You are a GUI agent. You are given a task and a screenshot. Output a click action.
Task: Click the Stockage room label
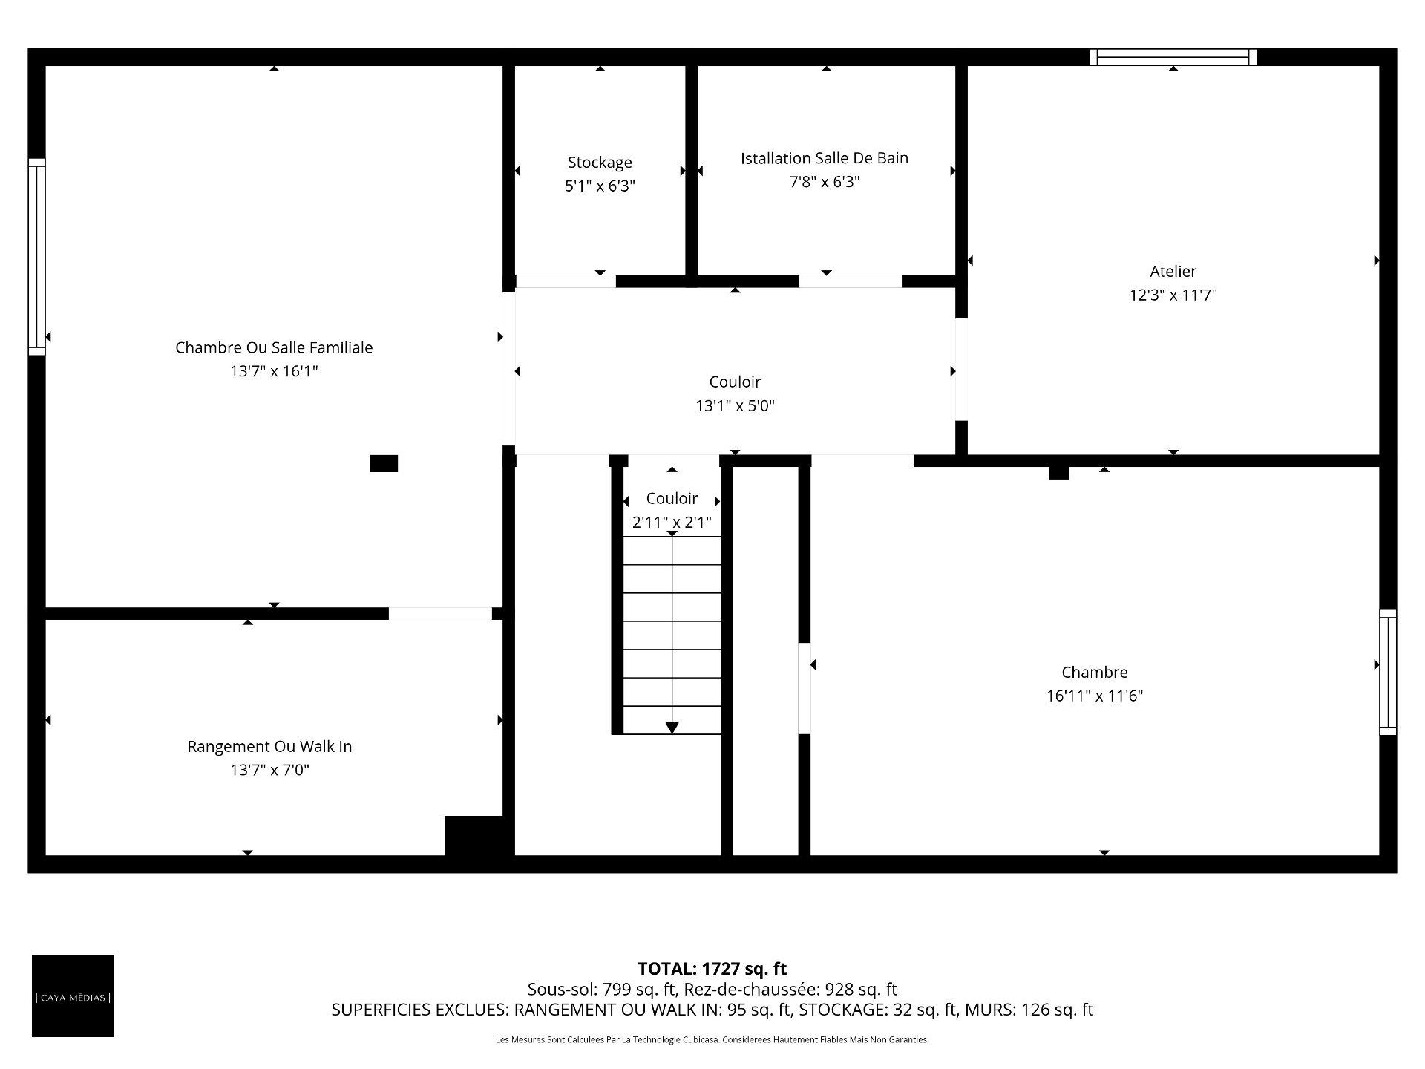[600, 163]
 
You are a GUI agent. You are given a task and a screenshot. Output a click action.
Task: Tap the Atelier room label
[1173, 272]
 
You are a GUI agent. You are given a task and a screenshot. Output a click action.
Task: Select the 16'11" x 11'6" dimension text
[1095, 696]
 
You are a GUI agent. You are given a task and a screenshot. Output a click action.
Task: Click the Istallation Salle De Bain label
[825, 158]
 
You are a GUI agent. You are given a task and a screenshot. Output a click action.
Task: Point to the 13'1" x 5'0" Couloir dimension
[735, 406]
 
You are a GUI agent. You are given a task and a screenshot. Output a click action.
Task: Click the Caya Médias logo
[73, 996]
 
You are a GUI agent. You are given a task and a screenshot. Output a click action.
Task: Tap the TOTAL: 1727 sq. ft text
[712, 969]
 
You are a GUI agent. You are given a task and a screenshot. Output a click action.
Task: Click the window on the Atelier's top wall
[1173, 57]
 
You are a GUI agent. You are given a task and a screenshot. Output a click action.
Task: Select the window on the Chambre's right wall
[1388, 673]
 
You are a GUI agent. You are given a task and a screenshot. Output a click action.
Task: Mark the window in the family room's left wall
[36, 257]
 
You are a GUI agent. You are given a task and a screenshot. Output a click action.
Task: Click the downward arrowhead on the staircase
[672, 728]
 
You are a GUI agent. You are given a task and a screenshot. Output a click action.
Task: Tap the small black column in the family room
[384, 463]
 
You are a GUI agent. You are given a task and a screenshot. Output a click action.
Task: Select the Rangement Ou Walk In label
[269, 747]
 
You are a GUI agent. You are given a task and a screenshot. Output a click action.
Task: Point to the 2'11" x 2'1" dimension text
[672, 523]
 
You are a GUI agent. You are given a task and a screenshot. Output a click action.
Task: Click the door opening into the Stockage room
[566, 281]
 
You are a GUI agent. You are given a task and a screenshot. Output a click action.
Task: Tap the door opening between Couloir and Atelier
[961, 370]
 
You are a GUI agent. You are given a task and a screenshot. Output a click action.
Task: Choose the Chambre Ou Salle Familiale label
[274, 347]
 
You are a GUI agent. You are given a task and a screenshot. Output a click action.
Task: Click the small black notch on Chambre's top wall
[1059, 472]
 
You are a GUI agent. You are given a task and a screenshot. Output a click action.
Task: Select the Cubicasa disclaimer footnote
[712, 1040]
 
